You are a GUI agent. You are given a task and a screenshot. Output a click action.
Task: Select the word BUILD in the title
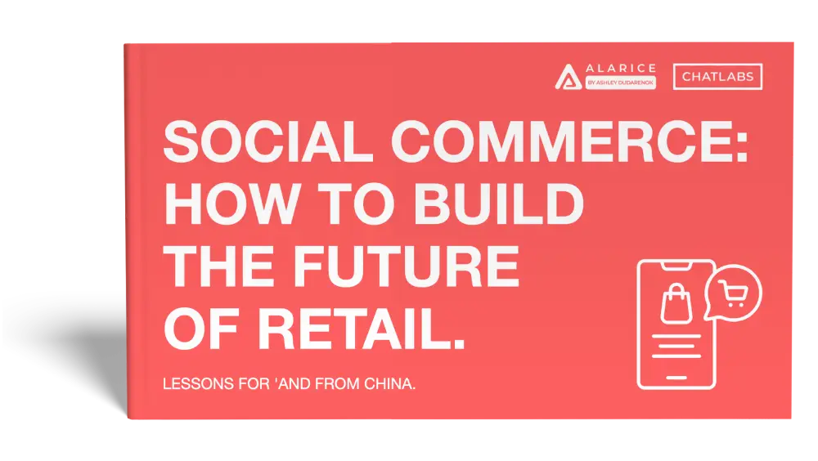[x=499, y=204]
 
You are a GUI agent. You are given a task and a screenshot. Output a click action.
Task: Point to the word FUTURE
[x=406, y=266]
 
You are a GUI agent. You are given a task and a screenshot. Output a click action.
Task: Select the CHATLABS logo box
[x=717, y=77]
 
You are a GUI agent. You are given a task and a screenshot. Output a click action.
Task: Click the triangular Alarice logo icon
[x=569, y=77]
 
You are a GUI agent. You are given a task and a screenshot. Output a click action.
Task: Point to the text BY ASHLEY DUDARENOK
[x=620, y=83]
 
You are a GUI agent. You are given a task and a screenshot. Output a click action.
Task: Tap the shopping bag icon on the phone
[x=676, y=304]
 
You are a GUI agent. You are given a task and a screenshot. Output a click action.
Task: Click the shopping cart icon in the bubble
[x=733, y=293]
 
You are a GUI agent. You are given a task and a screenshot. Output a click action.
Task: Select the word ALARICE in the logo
[x=621, y=69]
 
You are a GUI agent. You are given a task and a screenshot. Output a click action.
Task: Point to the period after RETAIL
[x=457, y=343]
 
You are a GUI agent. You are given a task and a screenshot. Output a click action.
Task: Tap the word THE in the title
[x=219, y=266]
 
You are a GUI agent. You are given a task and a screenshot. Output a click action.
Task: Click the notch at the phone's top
[x=676, y=266]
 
